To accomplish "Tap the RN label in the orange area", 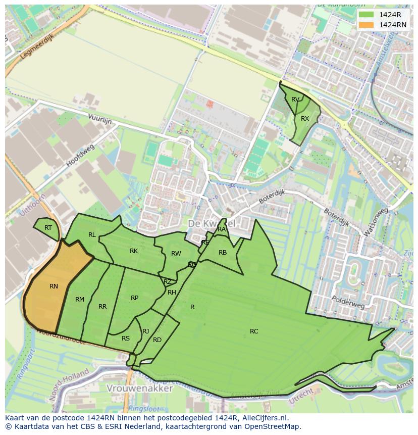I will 54,286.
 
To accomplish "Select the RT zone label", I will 48,228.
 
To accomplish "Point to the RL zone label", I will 92,235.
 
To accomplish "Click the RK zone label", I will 134,251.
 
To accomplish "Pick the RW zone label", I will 176,254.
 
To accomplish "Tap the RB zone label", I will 223,253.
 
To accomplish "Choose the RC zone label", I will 254,331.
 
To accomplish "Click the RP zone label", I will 134,298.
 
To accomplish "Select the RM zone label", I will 80,300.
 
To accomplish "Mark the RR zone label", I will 102,307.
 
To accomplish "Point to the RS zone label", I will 126,339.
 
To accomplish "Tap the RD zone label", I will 157,340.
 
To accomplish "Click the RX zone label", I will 305,119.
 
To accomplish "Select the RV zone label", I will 295,99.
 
